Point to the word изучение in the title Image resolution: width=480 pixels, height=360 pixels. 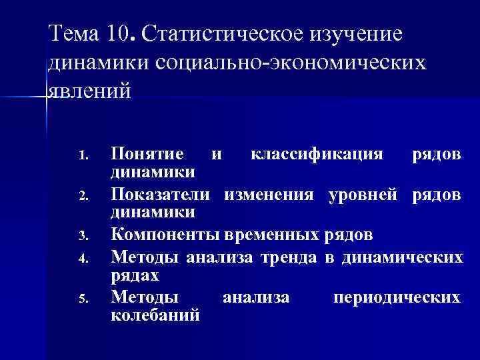pos(358,33)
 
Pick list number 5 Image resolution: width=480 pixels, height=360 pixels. pos(83,298)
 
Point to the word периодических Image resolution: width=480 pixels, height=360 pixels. pos(396,296)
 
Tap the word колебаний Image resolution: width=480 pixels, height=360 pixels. pos(155,315)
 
